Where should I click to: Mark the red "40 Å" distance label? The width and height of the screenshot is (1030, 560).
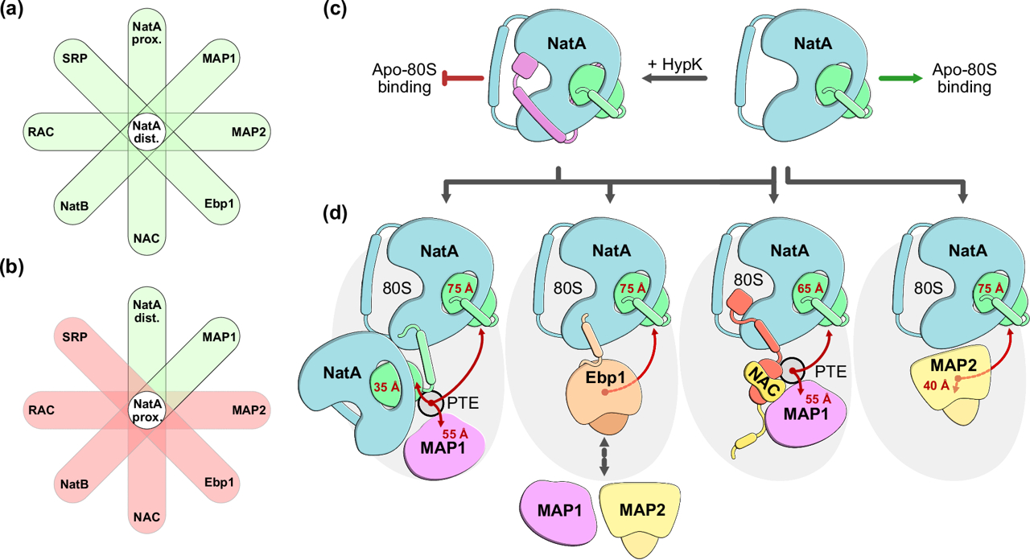coord(935,385)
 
